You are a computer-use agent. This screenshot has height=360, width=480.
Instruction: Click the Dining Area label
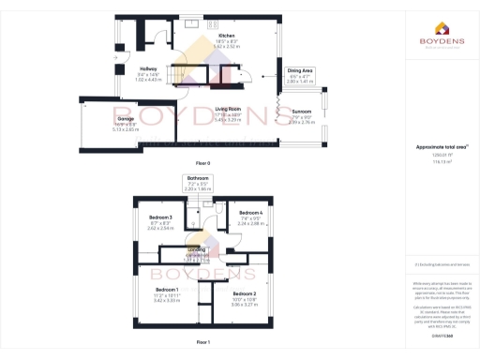300,71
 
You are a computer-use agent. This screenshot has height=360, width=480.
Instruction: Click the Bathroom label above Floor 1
198,178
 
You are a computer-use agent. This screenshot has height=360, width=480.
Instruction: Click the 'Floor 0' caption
215,163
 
